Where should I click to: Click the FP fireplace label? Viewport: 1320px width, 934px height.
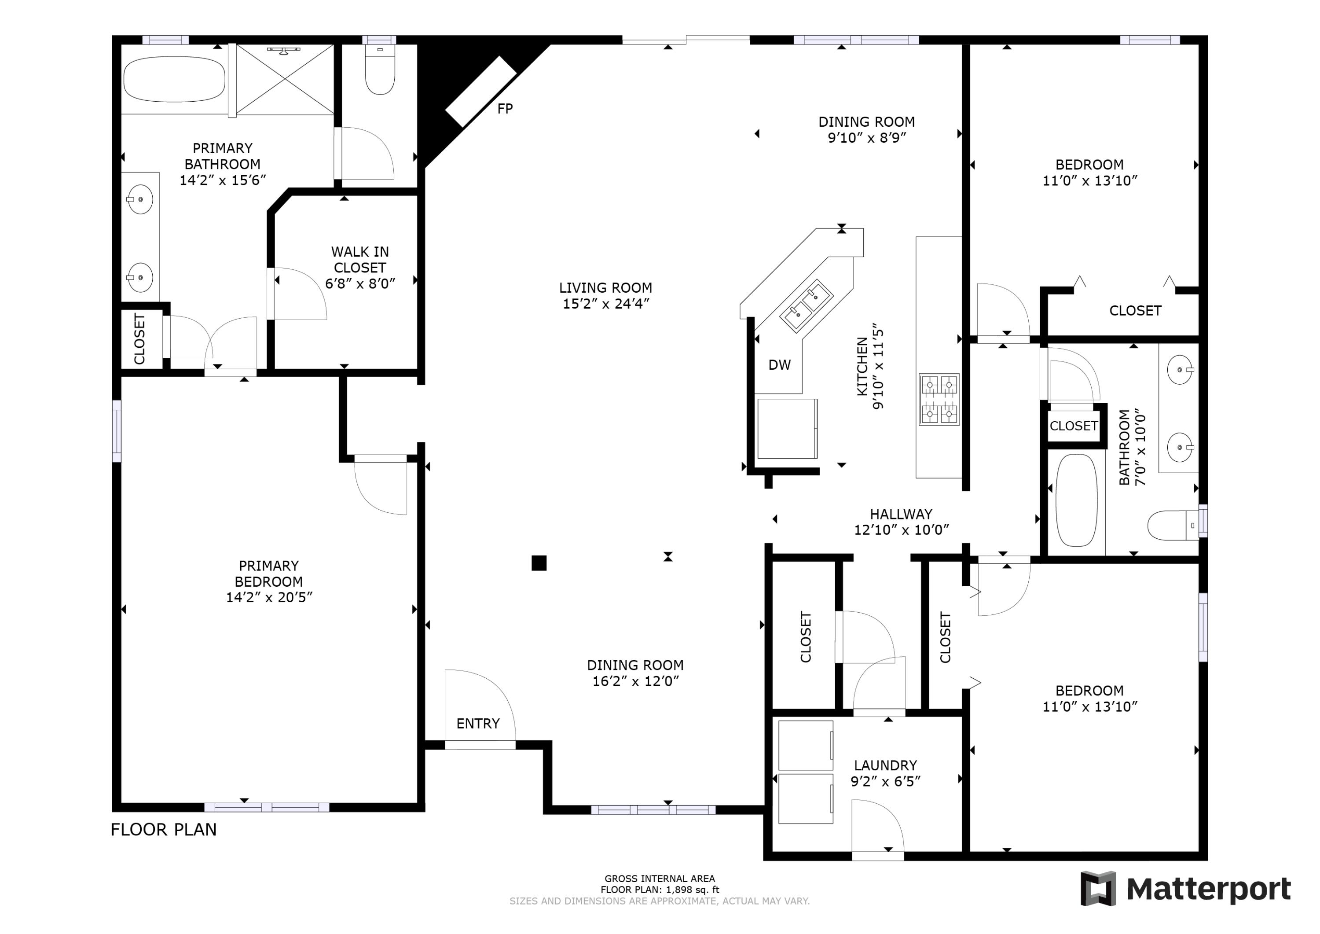[505, 109]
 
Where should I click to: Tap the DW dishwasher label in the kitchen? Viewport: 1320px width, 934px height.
[780, 364]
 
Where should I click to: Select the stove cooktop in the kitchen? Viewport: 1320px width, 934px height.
[939, 399]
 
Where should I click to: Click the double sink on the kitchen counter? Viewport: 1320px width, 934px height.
[807, 306]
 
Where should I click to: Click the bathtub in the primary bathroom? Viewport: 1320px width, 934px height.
[174, 79]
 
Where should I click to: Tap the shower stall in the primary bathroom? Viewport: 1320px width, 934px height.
[285, 79]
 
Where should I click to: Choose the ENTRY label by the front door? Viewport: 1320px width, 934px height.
[478, 724]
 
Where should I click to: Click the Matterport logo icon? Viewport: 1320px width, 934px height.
[1098, 889]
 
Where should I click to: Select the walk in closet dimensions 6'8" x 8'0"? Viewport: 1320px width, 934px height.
[360, 283]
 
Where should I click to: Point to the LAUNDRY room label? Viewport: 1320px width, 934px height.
[885, 765]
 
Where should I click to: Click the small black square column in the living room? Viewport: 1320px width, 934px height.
[539, 563]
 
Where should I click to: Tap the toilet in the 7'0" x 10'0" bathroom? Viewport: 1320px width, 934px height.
[1173, 525]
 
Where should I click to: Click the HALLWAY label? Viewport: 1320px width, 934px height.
[901, 514]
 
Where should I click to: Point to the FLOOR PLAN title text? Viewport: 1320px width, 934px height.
[164, 829]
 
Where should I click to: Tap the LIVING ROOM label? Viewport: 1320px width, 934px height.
[606, 287]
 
